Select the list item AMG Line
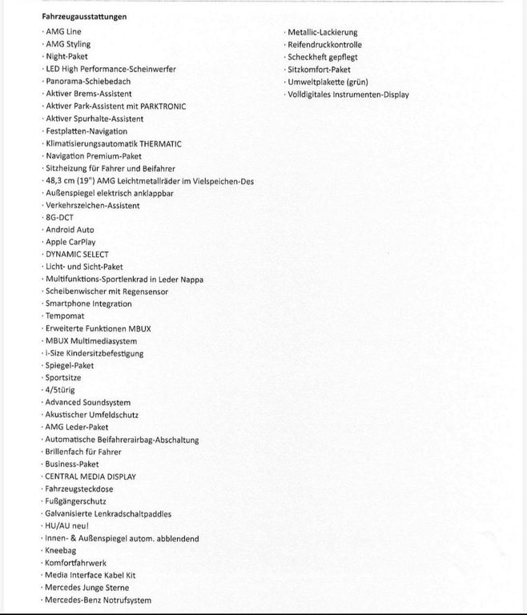tap(63, 31)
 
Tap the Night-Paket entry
tap(66, 56)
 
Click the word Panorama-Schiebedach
tap(88, 81)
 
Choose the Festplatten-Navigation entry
tap(86, 131)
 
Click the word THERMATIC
tap(155, 143)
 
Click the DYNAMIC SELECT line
tap(77, 254)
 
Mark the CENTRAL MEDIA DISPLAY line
tap(91, 476)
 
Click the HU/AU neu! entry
tap(67, 525)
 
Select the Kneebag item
tap(62, 550)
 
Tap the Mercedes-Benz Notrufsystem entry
tap(98, 600)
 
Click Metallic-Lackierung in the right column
tap(323, 32)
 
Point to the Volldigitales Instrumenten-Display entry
tap(348, 94)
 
